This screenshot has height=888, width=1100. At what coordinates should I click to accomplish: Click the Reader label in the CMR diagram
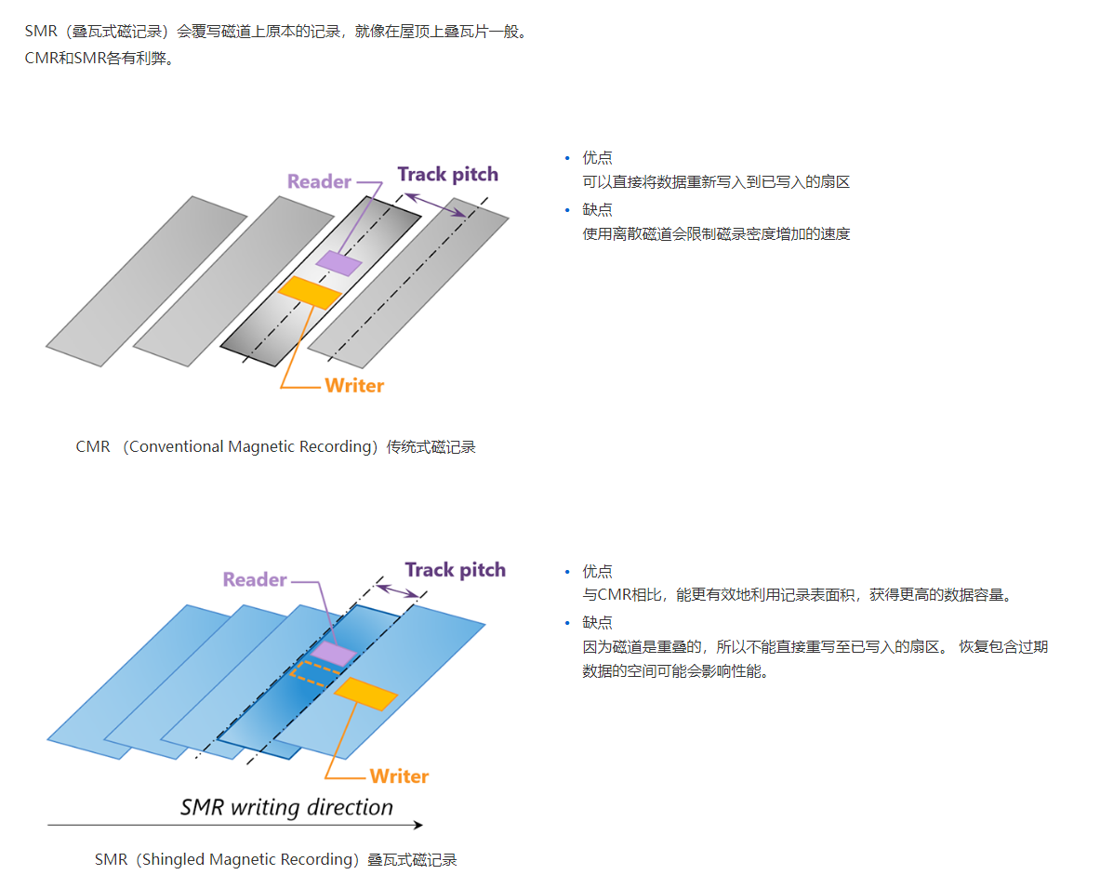(319, 181)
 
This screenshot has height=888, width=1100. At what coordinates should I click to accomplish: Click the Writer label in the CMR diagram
(354, 385)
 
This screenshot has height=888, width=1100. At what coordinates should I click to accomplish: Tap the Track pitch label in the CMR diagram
(447, 174)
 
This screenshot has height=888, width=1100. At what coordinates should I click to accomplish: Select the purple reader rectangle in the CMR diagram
(338, 263)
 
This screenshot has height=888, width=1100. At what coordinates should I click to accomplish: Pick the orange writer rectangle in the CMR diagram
(310, 292)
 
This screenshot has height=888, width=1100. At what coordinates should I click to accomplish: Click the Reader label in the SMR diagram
(255, 579)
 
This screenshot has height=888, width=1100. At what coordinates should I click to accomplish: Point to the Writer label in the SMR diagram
(399, 775)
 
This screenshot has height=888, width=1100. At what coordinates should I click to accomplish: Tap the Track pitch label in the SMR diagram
(455, 570)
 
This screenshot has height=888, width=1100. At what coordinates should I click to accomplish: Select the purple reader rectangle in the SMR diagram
(333, 653)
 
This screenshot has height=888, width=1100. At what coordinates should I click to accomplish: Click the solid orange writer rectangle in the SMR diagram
(365, 694)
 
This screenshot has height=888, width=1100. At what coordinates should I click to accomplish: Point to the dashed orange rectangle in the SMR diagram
(311, 673)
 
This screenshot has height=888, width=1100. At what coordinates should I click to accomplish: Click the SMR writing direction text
(286, 806)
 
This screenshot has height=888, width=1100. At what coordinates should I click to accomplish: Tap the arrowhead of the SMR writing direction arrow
(417, 825)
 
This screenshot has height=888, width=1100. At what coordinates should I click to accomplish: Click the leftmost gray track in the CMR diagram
(146, 282)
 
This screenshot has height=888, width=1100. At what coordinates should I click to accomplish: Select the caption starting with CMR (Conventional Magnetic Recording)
(275, 447)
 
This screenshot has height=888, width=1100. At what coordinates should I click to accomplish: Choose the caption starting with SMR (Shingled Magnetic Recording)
(275, 860)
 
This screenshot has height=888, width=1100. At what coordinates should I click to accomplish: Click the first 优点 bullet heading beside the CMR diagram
(597, 158)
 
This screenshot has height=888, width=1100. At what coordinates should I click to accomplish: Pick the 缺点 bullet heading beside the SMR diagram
(597, 623)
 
